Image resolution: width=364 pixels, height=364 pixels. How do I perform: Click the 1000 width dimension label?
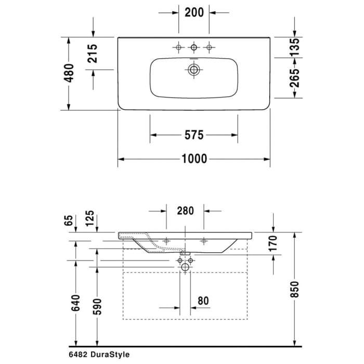(193, 159)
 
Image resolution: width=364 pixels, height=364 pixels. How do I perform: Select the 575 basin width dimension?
(193, 135)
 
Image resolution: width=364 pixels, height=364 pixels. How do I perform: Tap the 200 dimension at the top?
(193, 12)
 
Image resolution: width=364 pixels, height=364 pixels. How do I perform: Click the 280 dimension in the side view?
(185, 211)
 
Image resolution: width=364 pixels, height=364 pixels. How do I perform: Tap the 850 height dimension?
(295, 289)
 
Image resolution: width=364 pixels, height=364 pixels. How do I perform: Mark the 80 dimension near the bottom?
(204, 301)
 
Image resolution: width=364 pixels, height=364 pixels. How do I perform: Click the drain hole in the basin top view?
(194, 69)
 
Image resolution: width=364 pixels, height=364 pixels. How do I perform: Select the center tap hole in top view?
(194, 48)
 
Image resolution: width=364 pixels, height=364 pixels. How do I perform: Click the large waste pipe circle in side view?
(185, 267)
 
